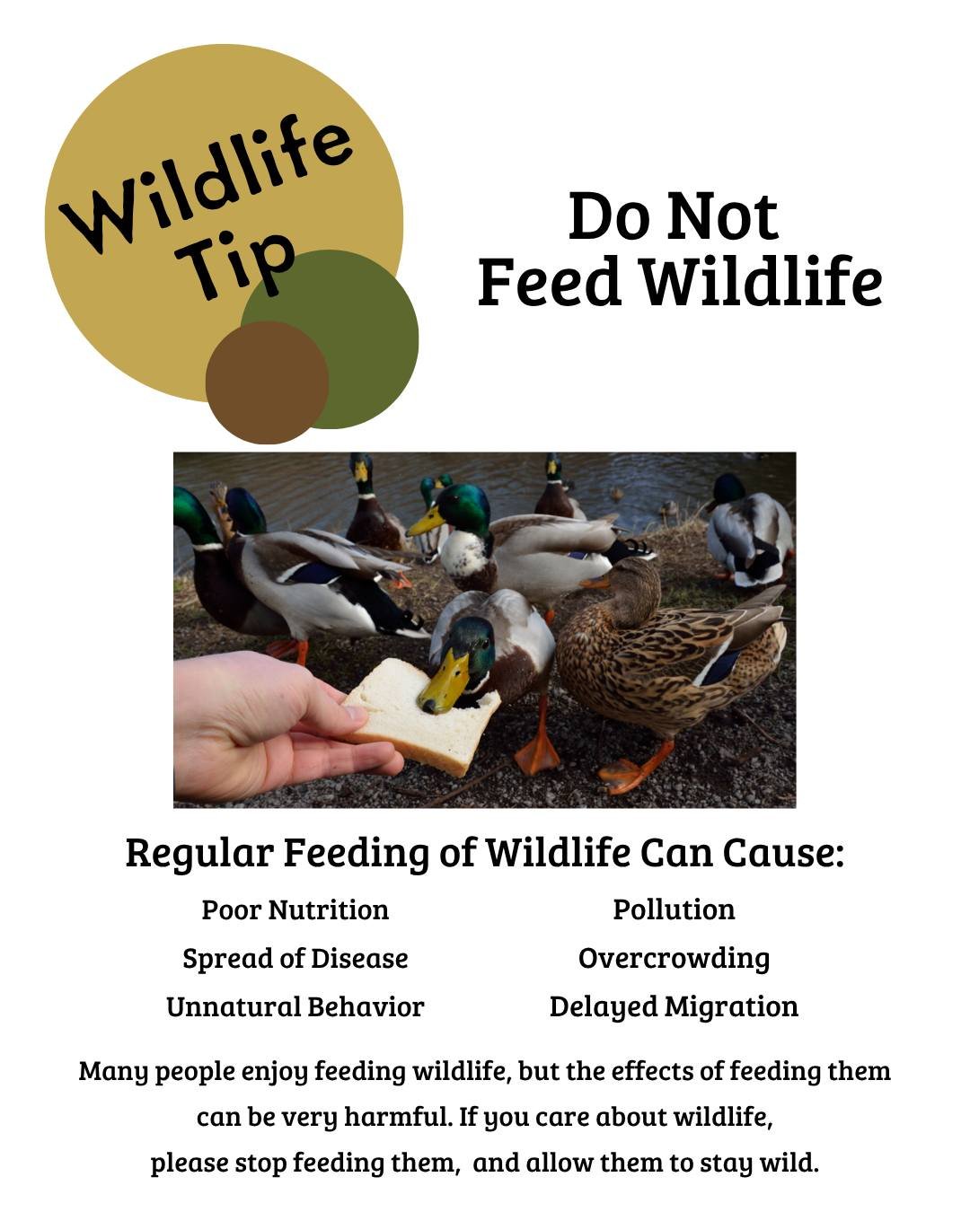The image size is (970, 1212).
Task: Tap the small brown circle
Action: click(267, 382)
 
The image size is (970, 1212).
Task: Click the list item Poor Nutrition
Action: click(295, 909)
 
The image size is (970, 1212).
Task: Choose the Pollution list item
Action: click(674, 909)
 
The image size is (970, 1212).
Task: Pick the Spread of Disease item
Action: click(295, 958)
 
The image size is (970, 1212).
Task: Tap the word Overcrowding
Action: click(674, 958)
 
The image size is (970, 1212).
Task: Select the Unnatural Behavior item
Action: click(295, 1006)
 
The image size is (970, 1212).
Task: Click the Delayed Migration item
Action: click(674, 1006)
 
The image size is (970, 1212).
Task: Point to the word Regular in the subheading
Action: click(198, 853)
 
